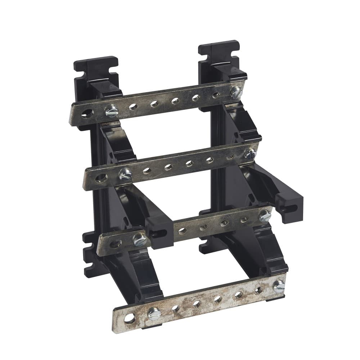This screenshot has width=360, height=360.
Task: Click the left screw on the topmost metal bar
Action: pyautogui.click(x=112, y=111)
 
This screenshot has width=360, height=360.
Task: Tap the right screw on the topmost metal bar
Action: pyautogui.click(x=235, y=92)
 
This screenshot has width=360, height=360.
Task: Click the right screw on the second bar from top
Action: pyautogui.click(x=250, y=154)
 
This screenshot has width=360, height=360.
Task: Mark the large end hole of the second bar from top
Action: pyautogui.click(x=101, y=177)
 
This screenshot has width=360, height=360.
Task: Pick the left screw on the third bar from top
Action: pyautogui.click(x=140, y=239)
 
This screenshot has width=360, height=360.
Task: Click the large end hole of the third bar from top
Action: pyautogui.click(x=115, y=244)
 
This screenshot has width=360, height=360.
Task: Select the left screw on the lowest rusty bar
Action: pyautogui.click(x=154, y=314)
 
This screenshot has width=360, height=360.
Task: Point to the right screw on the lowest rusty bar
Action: pyautogui.click(x=279, y=286)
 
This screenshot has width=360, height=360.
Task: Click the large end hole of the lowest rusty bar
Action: pyautogui.click(x=129, y=318)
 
